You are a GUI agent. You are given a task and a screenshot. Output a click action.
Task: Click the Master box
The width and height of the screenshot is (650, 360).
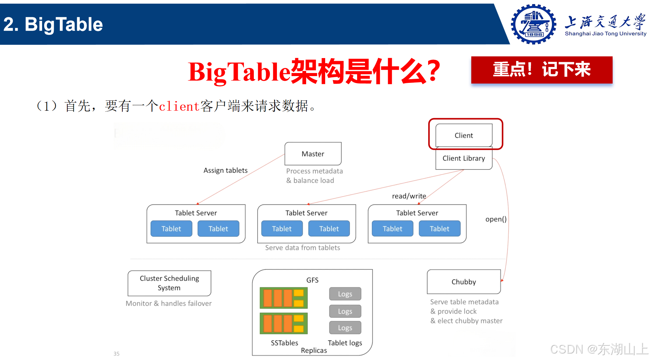(x=313, y=154)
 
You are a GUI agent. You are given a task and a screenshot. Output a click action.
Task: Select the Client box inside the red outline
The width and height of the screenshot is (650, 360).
(x=464, y=135)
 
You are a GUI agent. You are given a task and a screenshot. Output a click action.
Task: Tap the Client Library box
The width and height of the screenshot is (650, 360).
(x=464, y=158)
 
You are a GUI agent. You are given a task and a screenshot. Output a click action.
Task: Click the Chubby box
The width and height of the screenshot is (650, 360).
(x=464, y=282)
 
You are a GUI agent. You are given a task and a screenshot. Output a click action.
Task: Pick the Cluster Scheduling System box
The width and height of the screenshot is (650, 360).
(x=169, y=283)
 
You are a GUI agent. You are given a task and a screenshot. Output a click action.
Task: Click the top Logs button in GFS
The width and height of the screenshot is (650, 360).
(x=345, y=294)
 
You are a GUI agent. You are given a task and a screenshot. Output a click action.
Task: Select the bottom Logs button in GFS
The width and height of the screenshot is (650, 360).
(x=345, y=328)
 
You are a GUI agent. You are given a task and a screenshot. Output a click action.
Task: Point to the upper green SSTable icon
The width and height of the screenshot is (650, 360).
(x=284, y=298)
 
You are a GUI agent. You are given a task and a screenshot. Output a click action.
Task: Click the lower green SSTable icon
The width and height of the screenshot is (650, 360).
(x=284, y=323)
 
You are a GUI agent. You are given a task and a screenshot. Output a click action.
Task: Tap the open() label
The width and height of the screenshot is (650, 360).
(x=496, y=219)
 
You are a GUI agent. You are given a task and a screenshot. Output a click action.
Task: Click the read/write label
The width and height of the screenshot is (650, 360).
(x=409, y=196)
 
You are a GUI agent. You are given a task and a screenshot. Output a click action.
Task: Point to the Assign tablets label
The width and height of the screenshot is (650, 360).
(x=225, y=170)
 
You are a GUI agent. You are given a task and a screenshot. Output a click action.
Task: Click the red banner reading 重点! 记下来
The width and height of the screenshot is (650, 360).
(x=542, y=70)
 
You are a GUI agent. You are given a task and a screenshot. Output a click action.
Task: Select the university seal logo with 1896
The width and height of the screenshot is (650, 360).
(x=533, y=24)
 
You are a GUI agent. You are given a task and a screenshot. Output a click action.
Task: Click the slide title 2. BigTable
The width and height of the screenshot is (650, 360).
(x=53, y=24)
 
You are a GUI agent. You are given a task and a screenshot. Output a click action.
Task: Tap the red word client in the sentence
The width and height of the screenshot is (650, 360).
(x=179, y=106)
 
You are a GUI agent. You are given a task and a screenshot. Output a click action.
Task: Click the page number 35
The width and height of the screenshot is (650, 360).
(x=117, y=354)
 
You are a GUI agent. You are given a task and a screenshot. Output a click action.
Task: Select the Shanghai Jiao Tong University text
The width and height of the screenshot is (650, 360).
(x=605, y=34)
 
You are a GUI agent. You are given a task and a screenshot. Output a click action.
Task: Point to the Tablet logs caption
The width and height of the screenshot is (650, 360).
(x=345, y=343)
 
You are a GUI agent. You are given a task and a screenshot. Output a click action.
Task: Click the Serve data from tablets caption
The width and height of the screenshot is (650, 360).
(x=302, y=248)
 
